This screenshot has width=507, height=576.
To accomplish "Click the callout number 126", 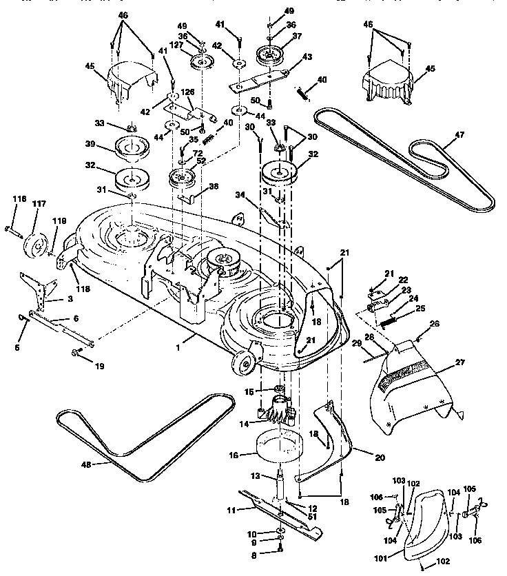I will (187, 91).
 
